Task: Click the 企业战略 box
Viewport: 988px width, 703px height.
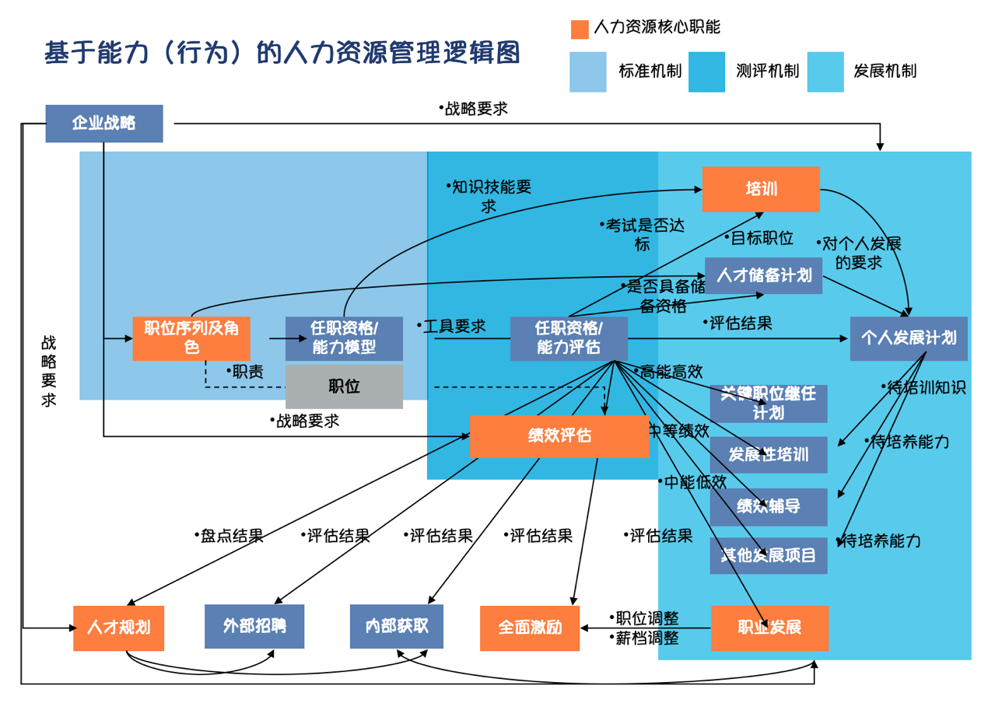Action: coord(104,124)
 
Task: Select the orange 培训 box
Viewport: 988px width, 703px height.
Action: coord(761,189)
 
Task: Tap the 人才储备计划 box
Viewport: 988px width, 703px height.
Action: coord(763,275)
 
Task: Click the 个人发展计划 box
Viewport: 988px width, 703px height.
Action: coord(909,338)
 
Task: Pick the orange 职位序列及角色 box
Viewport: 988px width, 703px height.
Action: coord(191,338)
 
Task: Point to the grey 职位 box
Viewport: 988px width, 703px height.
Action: coord(344,386)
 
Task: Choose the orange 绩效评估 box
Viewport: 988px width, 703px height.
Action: coord(559,436)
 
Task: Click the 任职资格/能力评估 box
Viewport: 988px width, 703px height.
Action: coord(569,338)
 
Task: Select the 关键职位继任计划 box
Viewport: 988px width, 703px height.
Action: coord(769,404)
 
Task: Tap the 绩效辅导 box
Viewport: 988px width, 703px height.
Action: coord(769,507)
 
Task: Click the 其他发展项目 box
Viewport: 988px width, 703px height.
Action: coord(769,555)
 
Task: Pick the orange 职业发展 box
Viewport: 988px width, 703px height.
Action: coord(769,628)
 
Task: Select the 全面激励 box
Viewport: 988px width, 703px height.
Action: coord(530,628)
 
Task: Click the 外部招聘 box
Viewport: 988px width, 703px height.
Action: coord(254,626)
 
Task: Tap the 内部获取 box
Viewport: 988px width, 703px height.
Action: coord(397,626)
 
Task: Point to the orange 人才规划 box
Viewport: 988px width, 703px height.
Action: coord(119,628)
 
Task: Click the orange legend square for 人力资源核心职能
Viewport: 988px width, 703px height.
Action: coord(580,30)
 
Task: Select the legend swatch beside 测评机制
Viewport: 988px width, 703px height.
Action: coord(706,72)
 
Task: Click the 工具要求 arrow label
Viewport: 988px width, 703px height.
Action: coord(454,327)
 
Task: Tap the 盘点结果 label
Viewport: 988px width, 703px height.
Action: coord(231,536)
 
